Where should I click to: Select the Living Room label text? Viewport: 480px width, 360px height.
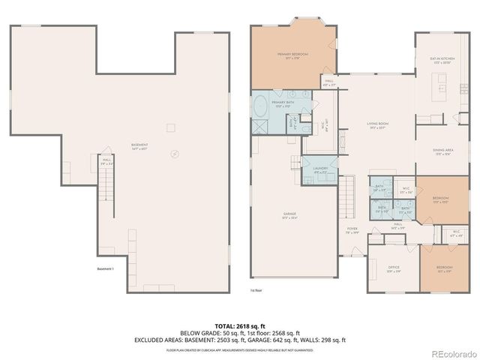[376, 125]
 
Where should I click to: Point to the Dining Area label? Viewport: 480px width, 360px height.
[442, 151]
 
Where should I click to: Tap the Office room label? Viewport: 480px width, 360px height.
[393, 268]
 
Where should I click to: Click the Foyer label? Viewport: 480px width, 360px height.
[352, 230]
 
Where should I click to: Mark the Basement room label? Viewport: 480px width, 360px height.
[139, 145]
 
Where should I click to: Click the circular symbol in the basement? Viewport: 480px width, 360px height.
[175, 154]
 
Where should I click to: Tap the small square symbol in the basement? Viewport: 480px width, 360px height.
[170, 127]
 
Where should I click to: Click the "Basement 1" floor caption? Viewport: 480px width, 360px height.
[106, 268]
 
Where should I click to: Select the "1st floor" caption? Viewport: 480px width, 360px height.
[256, 289]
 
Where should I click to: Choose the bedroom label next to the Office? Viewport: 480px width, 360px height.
[444, 268]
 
